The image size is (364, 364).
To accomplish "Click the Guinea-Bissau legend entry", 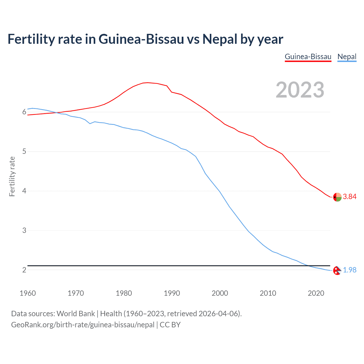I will [x=308, y=57].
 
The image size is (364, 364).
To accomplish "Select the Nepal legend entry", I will [x=347, y=57].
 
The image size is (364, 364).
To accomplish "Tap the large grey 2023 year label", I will [x=300, y=90].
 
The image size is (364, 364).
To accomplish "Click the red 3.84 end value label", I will [x=349, y=197].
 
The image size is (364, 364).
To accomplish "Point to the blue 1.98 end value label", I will [x=349, y=270].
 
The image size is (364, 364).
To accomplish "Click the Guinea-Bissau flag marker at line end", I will [x=337, y=197].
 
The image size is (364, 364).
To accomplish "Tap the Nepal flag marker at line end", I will [x=337, y=270].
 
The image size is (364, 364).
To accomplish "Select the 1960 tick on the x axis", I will [x=28, y=293].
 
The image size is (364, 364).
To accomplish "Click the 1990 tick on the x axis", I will [x=172, y=293].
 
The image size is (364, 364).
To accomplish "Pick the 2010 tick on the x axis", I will [x=268, y=293].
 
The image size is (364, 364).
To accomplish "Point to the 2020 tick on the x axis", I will [x=316, y=293].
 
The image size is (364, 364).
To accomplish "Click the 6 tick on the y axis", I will [x=24, y=112].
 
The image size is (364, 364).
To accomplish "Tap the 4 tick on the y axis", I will [x=24, y=191].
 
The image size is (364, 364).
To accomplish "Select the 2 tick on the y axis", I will [x=24, y=270].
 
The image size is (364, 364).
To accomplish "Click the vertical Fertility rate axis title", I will [x=12, y=176].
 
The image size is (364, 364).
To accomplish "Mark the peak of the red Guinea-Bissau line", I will [x=147, y=82].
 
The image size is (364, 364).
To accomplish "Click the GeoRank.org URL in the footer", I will [x=82, y=324].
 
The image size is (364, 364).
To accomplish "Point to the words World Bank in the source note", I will [x=76, y=313].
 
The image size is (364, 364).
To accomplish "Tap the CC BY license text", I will [x=170, y=324].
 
